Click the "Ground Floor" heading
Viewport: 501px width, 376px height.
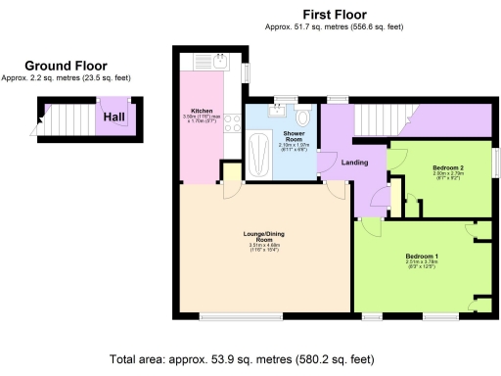[x=67, y=66]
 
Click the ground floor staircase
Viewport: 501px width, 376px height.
[x=67, y=120]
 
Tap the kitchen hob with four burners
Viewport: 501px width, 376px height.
[x=234, y=123]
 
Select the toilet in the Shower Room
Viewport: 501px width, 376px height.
[x=303, y=118]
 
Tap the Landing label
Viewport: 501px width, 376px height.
[x=354, y=163]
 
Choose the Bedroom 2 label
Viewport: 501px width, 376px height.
[x=451, y=167]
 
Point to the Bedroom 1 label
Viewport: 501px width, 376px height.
[x=422, y=257]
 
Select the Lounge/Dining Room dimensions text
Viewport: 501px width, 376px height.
[x=262, y=248]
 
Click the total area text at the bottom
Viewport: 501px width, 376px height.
[x=250, y=359]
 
